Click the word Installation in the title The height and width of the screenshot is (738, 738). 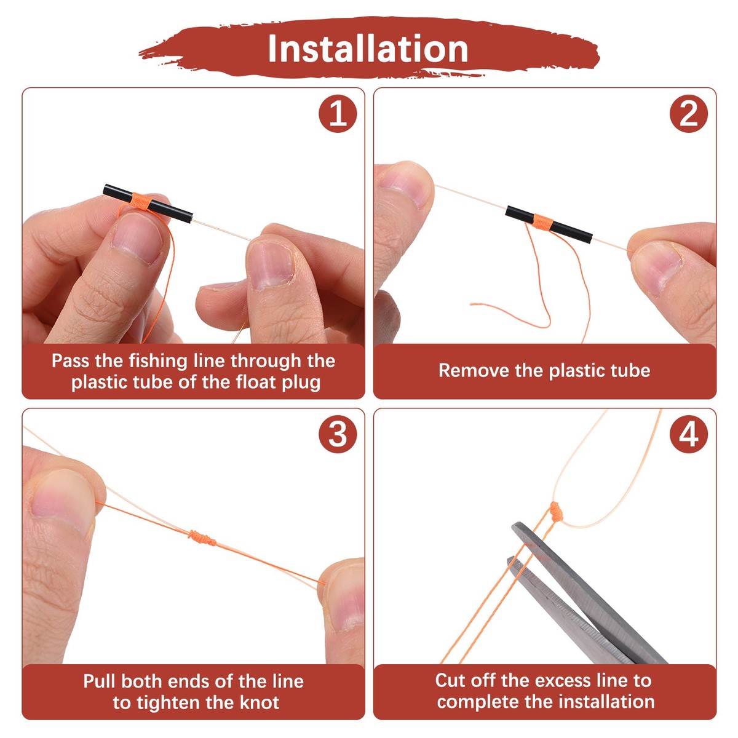coord(368,49)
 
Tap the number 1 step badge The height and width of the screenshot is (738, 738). coord(338,114)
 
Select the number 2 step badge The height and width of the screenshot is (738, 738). coord(689,114)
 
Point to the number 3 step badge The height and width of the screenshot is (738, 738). coord(338,434)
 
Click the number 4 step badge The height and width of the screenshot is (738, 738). coord(689,434)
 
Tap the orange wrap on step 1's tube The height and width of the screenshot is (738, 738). coord(140,201)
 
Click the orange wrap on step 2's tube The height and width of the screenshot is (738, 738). coord(544,222)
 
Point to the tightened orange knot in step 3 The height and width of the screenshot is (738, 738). coord(202,539)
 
